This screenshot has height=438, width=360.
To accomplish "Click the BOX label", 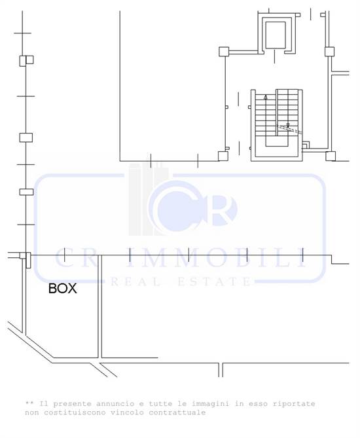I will [x=63, y=288].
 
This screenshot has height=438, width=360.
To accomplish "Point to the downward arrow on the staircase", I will [x=287, y=124].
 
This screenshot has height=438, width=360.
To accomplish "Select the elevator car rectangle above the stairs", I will [x=276, y=35].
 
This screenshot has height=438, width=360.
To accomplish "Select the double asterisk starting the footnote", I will [x=29, y=403].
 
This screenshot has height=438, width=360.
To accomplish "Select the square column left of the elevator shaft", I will [x=223, y=50].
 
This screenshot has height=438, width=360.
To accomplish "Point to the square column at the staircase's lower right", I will [x=331, y=156].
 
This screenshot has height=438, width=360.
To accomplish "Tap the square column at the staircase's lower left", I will [x=223, y=155].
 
